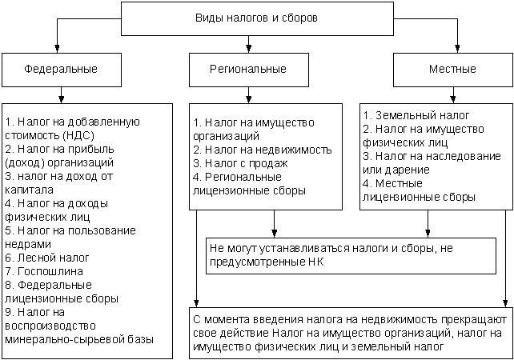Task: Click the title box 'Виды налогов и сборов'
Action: click(256, 18)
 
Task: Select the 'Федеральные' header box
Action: click(61, 69)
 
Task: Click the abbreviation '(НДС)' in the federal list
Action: click(70, 135)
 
